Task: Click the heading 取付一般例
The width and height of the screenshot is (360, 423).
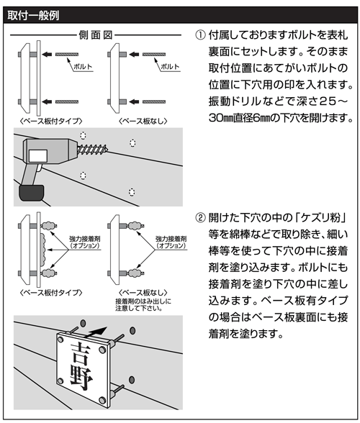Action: point(33,15)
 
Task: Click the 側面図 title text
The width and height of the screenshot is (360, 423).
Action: point(96,35)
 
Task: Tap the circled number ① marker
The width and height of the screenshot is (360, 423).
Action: point(200,35)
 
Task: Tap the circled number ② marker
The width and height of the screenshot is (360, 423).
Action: point(200,217)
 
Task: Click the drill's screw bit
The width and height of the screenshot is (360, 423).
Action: point(93,148)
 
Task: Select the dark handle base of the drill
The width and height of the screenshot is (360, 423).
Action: point(32,193)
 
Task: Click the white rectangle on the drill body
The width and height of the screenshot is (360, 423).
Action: point(38,157)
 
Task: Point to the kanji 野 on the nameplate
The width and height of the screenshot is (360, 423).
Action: point(81,378)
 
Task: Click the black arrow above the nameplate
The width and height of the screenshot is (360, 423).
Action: point(96,332)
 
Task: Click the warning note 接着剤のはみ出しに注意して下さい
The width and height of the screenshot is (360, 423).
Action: point(143,304)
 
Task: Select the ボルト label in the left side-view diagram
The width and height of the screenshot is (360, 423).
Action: point(83,67)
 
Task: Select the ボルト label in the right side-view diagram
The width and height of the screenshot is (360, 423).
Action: point(170,67)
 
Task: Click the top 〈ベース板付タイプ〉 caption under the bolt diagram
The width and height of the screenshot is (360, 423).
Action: point(51,121)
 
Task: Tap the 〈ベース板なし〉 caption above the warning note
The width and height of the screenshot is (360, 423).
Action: point(143,292)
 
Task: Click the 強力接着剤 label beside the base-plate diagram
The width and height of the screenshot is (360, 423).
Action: point(85,239)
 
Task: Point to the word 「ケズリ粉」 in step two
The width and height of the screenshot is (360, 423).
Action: point(320,217)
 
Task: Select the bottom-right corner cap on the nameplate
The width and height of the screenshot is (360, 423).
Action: point(102,400)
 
